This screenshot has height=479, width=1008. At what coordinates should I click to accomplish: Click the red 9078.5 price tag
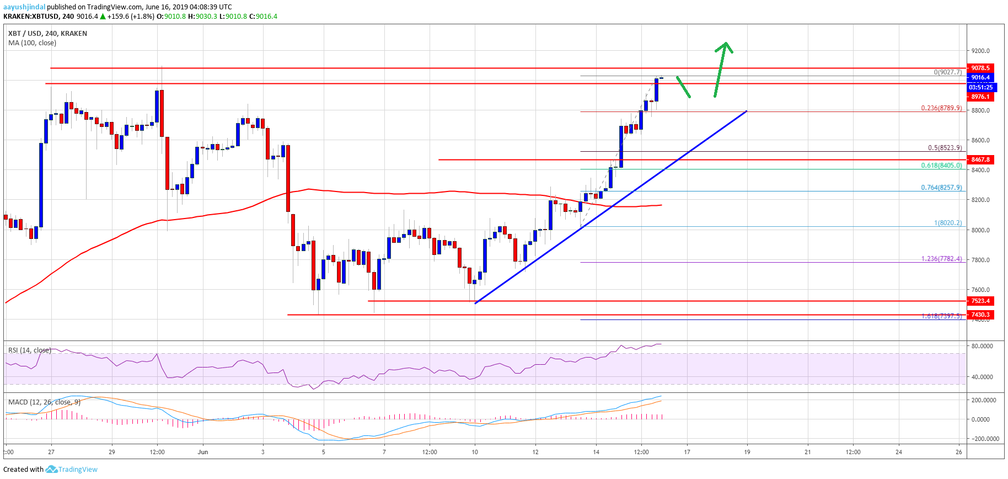(x=980, y=68)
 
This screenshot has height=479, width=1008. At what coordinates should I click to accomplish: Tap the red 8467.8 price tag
(x=980, y=159)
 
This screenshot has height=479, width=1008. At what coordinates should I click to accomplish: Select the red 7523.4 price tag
(x=980, y=301)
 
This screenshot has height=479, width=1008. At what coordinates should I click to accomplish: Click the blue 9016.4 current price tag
(x=980, y=77)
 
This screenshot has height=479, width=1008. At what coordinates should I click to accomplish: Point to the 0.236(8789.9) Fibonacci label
(x=941, y=108)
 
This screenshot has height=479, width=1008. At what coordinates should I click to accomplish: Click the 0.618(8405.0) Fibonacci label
(x=941, y=166)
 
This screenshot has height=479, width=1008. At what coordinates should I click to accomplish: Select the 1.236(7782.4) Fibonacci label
(x=941, y=259)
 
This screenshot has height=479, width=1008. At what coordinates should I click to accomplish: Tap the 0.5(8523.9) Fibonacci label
(x=944, y=148)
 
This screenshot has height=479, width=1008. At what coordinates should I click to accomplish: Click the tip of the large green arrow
(x=726, y=43)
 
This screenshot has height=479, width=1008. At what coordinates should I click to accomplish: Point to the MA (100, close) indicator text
(x=32, y=43)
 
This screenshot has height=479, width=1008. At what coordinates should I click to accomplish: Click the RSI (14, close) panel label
(x=29, y=350)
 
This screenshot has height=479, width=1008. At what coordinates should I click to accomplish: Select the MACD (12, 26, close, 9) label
(x=44, y=402)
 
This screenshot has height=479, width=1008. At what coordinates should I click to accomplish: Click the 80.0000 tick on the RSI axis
(x=982, y=346)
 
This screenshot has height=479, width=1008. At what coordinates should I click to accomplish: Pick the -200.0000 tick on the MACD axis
(x=985, y=439)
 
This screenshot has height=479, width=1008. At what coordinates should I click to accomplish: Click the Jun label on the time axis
(x=203, y=452)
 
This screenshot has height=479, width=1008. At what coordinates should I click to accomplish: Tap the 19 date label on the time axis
(x=747, y=452)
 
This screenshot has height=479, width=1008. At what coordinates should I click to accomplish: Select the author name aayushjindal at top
(x=24, y=7)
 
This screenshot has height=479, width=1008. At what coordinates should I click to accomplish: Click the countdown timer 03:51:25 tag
(x=980, y=87)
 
